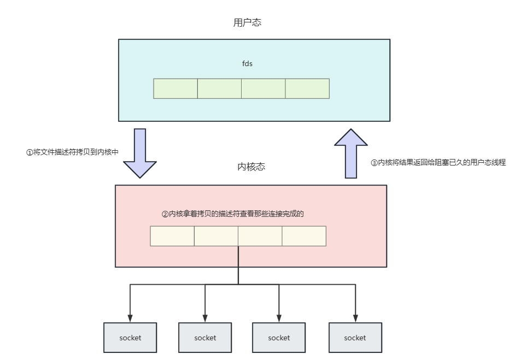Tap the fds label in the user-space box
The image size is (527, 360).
(247, 64)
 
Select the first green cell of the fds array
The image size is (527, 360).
(175, 88)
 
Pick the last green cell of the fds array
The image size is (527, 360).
(307, 88)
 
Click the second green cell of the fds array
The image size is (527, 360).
(219, 88)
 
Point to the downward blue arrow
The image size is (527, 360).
(140, 152)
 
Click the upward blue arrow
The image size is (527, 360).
(351, 154)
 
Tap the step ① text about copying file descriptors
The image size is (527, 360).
(72, 152)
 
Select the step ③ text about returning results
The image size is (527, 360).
(438, 162)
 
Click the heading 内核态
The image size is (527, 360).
(248, 167)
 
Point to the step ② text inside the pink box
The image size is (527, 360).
(232, 214)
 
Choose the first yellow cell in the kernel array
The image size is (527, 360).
(172, 236)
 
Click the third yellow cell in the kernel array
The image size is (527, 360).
(260, 236)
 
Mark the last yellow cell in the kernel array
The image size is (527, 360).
(304, 236)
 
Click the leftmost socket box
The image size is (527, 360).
(130, 338)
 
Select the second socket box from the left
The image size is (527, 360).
(205, 338)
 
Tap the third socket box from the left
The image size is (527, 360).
(279, 338)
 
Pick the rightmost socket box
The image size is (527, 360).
(355, 338)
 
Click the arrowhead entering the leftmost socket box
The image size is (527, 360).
(130, 318)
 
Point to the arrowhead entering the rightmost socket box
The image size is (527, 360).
(355, 318)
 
